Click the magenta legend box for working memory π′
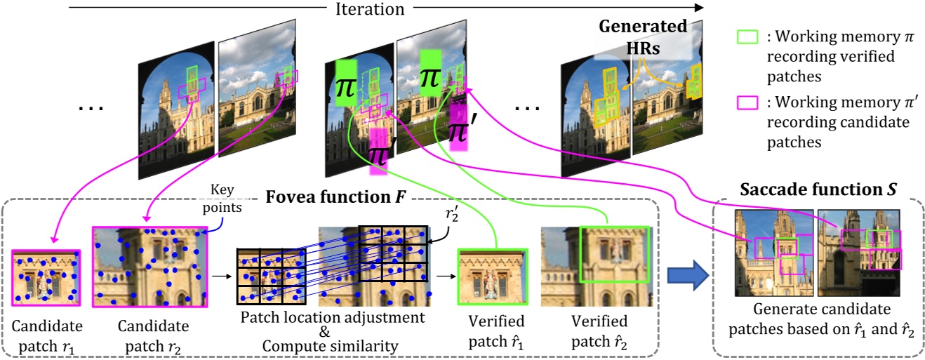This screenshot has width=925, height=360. pos(747,102)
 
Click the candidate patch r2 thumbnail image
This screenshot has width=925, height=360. pos(149,267)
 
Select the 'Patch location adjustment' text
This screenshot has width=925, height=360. pos(333,318)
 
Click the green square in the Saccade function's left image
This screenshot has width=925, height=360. pos(785,246)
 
